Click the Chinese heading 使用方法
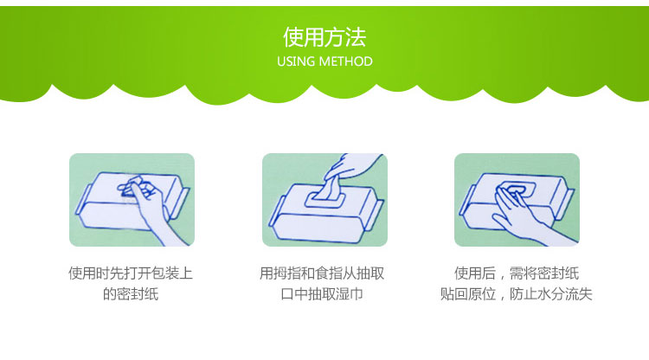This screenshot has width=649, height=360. click(324, 37)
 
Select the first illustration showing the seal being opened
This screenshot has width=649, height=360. click(132, 200)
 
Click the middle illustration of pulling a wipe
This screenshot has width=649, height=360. click(324, 200)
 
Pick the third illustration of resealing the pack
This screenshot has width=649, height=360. click(517, 200)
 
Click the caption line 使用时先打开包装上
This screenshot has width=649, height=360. click(131, 273)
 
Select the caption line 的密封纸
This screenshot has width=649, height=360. click(131, 294)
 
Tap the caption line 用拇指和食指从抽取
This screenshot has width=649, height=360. click(322, 273)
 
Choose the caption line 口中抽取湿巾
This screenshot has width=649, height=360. click(322, 294)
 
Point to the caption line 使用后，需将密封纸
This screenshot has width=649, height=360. click(517, 273)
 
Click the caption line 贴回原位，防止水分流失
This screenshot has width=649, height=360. click(516, 294)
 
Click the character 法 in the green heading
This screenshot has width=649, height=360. click(356, 37)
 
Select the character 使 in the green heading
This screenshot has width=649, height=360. click(293, 37)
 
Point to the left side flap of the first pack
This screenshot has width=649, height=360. click(82, 200)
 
